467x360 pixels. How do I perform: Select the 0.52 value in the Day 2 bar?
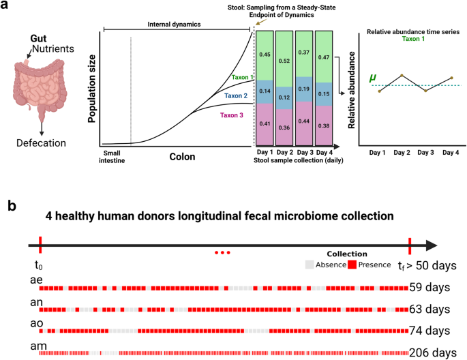tap(286, 61)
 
